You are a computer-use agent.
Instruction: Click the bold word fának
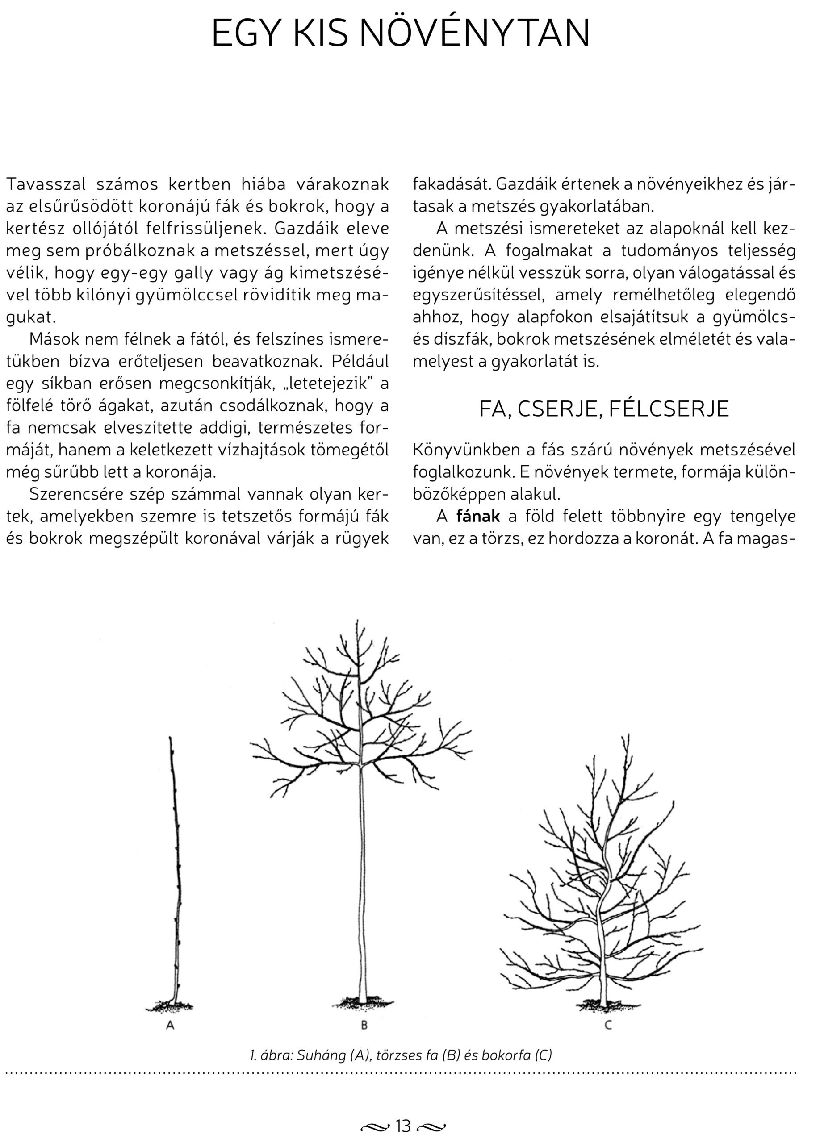coord(478,517)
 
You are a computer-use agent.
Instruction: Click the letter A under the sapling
coord(170,1025)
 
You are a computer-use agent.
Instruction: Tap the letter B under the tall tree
coord(364,1025)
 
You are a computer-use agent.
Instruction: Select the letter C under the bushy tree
coord(608,1025)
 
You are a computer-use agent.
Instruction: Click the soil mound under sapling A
coord(170,1006)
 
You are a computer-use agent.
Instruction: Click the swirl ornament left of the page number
coord(376,1126)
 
